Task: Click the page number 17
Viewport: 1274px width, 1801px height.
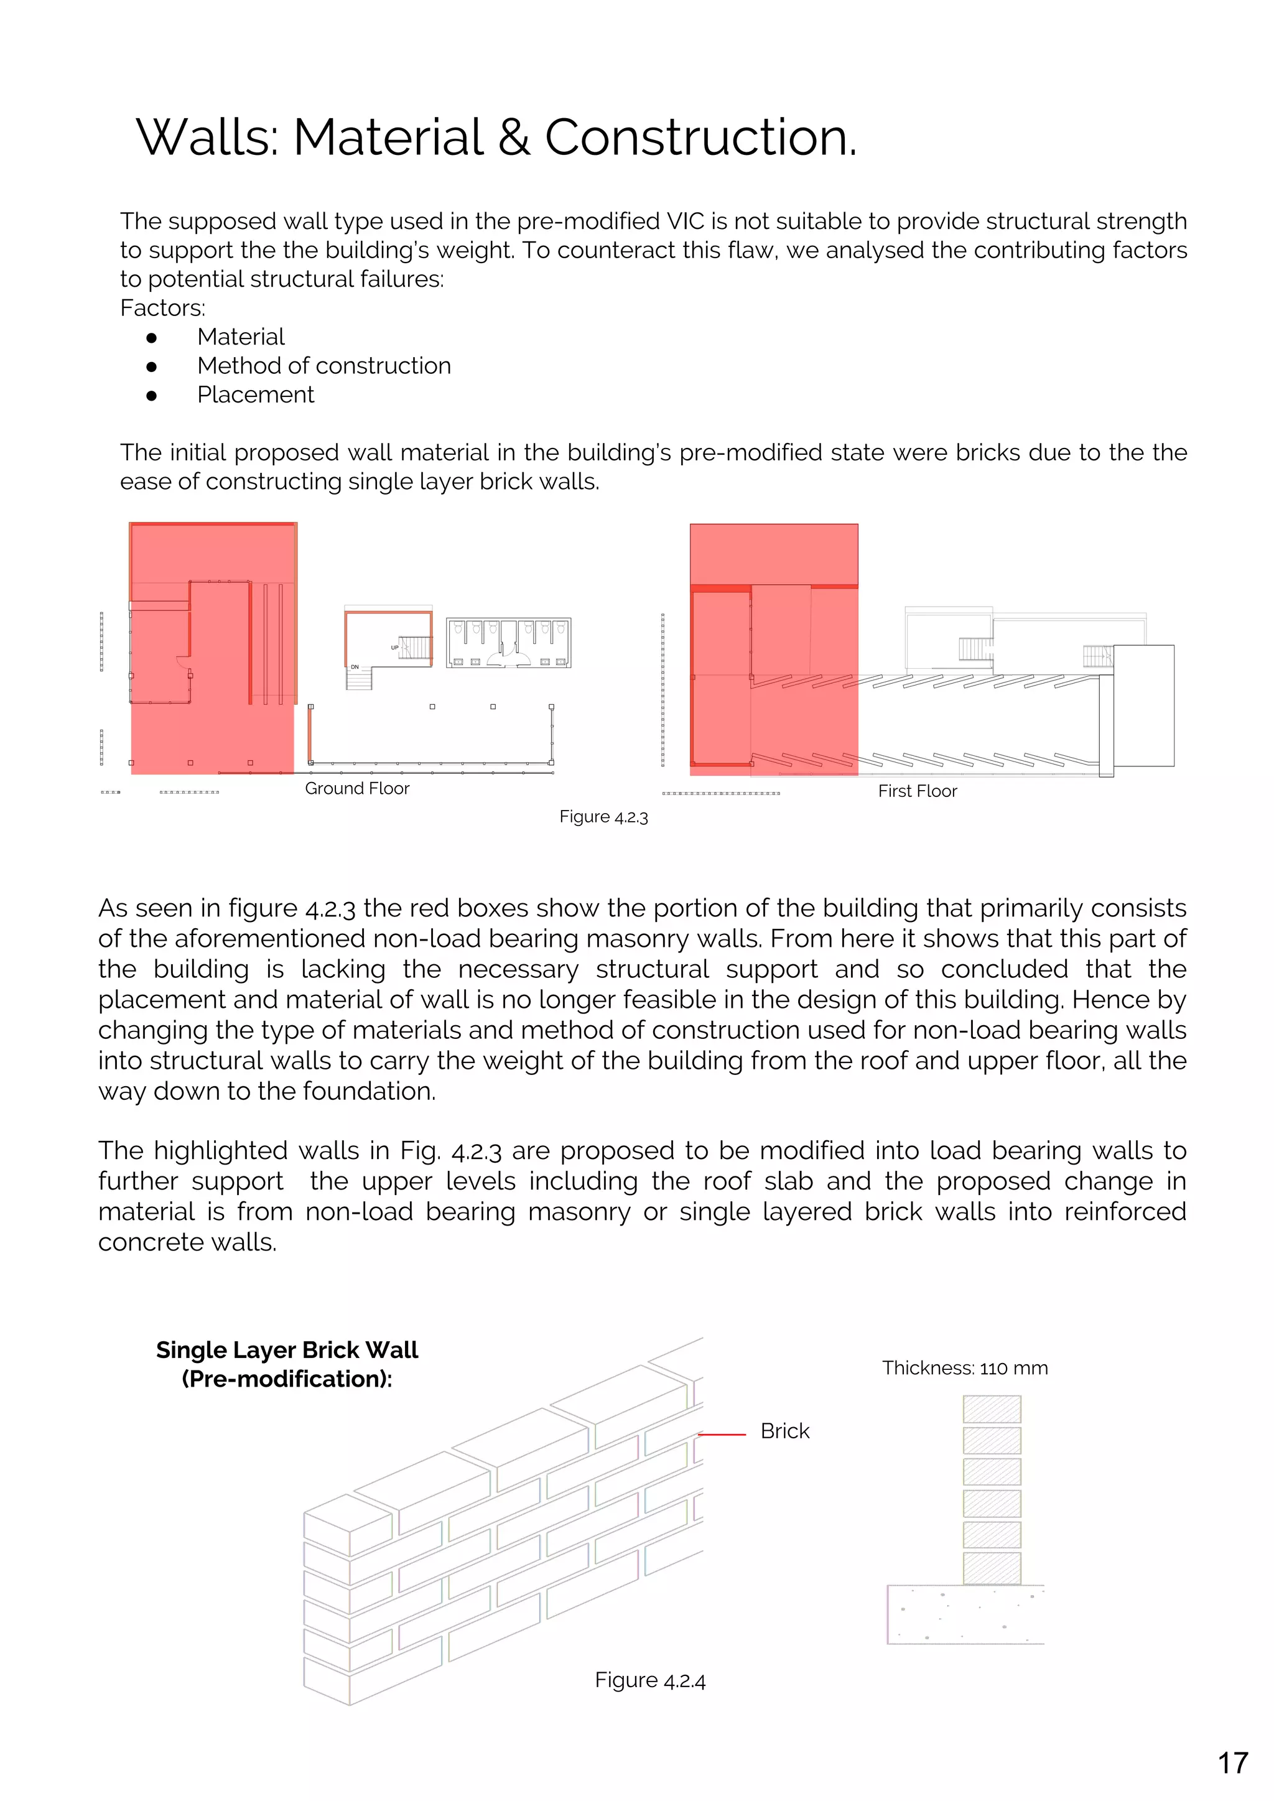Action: point(1232,1762)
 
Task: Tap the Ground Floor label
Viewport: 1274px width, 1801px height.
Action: point(357,788)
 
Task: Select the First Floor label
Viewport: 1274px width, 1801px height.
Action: point(917,791)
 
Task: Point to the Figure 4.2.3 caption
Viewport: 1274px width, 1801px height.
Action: point(603,817)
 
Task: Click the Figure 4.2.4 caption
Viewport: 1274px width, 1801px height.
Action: point(649,1680)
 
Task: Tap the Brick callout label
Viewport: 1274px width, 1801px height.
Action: point(784,1431)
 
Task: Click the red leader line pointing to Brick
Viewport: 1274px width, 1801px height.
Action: point(722,1434)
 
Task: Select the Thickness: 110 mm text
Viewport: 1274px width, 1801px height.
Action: point(964,1368)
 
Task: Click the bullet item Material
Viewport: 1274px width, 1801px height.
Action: point(241,337)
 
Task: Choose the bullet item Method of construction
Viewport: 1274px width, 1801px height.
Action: point(324,366)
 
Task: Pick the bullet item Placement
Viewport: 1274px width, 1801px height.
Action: point(255,394)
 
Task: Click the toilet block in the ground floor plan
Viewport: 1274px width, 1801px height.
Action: point(508,643)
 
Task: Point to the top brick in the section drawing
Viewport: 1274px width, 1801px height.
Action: point(992,1409)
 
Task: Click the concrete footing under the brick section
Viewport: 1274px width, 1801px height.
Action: point(965,1614)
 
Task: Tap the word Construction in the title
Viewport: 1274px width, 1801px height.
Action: point(700,138)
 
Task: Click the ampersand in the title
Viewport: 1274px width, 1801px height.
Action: point(514,138)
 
